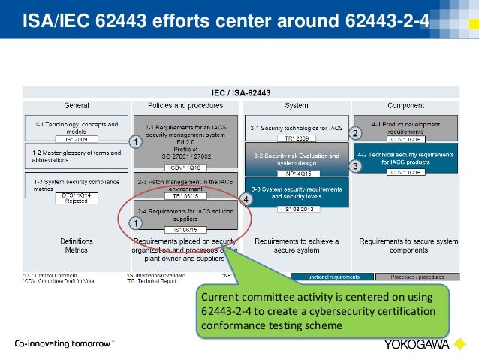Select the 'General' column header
coord(76,105)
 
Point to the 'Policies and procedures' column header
coord(185,105)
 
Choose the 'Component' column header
coord(405,105)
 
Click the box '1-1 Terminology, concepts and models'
coord(76,128)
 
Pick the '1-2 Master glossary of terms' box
coord(76,155)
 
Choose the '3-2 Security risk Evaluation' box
coord(296,159)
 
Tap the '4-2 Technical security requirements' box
coord(405,159)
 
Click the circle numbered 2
coord(356,132)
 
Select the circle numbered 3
coord(356,165)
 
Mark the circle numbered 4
coord(246,198)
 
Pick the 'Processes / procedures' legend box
coord(414,277)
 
